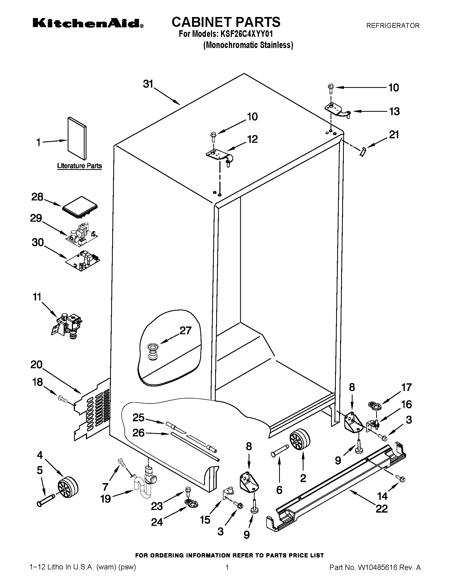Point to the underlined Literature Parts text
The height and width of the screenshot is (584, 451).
[79, 166]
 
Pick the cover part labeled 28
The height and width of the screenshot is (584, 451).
[80, 207]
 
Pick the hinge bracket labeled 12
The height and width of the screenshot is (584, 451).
[220, 156]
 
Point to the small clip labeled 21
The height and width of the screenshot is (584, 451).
[363, 152]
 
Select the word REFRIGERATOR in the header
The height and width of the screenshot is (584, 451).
[392, 26]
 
